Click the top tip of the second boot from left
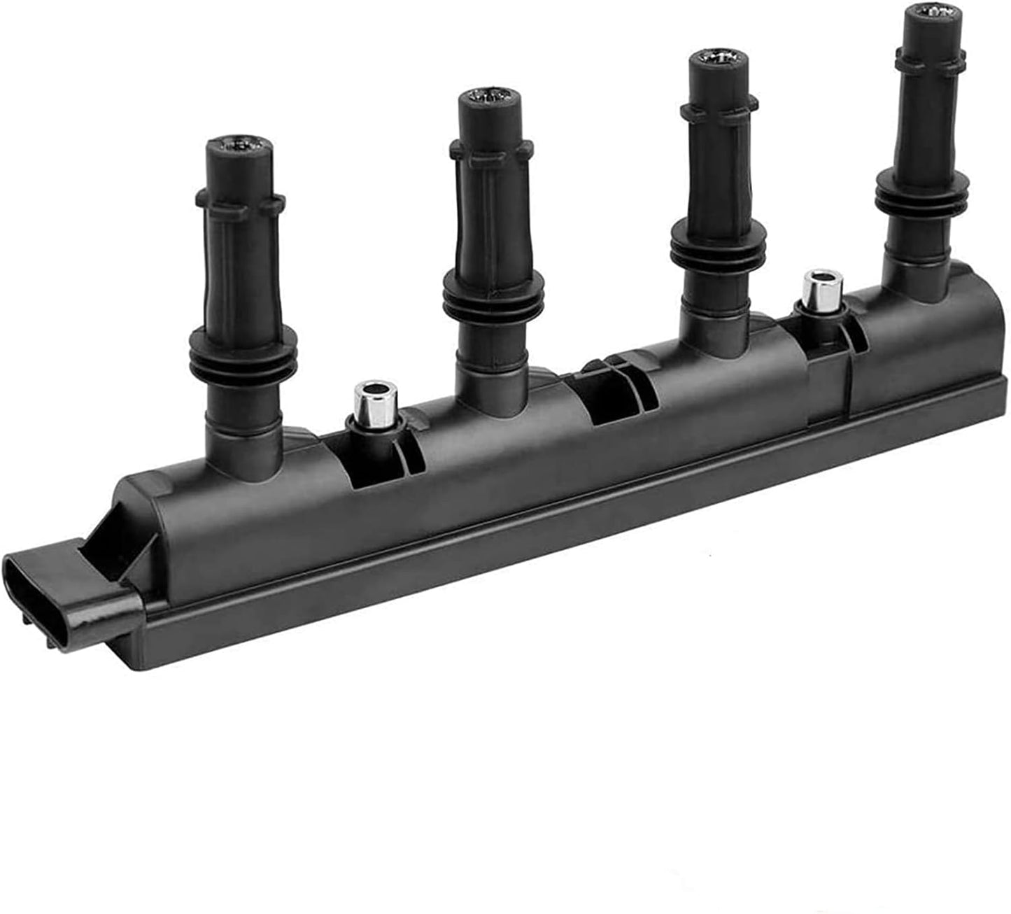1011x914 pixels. coord(488,99)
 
